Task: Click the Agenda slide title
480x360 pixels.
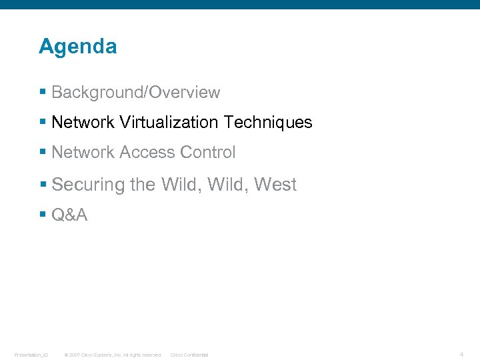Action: click(77, 47)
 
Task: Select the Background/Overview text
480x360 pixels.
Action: click(135, 93)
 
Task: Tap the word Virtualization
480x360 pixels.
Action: click(169, 123)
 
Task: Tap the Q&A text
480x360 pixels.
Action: click(69, 215)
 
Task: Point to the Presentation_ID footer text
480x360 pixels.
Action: click(31, 355)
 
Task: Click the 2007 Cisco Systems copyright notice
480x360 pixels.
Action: click(113, 355)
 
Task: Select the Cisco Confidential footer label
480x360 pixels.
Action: click(189, 355)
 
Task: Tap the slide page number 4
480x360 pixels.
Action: click(461, 353)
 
